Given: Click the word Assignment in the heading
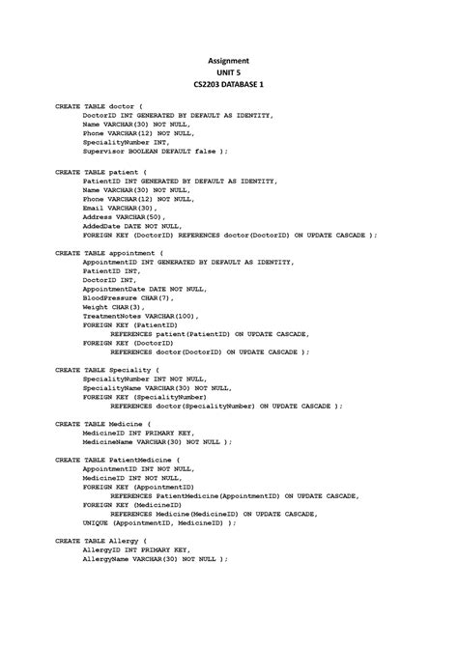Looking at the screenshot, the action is tap(229, 59).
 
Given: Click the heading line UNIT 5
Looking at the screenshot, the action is tap(229, 72).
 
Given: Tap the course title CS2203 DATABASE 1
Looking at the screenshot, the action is tap(229, 86).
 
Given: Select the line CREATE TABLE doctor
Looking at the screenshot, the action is tap(99, 106).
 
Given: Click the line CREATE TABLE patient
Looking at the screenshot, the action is tap(101, 172).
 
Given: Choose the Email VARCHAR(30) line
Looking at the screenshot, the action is tap(119, 208).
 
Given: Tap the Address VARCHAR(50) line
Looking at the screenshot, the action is tap(124, 216).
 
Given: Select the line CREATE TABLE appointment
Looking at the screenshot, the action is tap(110, 253).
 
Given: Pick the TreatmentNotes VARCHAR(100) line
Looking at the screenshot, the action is tap(141, 316).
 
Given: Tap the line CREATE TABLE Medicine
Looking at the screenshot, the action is tap(103, 424).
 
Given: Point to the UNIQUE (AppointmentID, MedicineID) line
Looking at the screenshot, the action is tap(159, 522).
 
